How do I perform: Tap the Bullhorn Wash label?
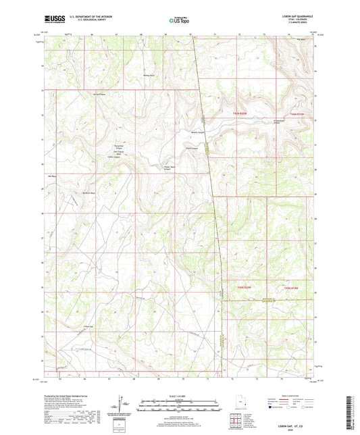pos(89,193)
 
